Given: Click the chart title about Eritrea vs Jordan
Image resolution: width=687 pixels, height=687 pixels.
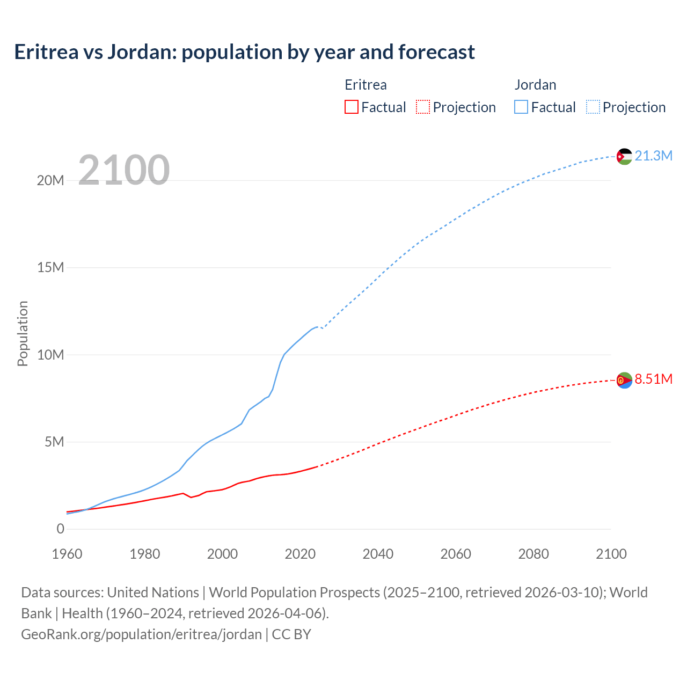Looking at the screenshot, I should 244,52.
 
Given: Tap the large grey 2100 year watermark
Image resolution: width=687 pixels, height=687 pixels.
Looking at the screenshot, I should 124,170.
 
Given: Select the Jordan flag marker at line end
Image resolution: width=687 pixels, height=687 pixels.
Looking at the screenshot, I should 624,156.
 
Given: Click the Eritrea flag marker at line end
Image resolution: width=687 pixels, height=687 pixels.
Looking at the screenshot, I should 624,380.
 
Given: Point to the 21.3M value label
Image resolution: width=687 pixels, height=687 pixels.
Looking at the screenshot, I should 653,156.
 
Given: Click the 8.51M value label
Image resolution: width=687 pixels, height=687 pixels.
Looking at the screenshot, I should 653,379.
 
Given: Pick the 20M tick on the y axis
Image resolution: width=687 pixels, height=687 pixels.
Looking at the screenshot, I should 50,180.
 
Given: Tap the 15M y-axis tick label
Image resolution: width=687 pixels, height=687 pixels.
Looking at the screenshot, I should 50,267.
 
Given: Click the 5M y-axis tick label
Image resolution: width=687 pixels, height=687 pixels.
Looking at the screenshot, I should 54,442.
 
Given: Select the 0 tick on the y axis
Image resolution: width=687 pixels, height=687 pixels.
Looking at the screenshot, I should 60,529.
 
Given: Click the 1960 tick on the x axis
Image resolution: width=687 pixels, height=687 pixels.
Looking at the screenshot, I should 67,554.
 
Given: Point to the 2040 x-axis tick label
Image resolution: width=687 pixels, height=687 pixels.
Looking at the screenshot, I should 378,554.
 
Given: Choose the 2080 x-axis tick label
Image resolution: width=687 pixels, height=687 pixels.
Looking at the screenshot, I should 533,554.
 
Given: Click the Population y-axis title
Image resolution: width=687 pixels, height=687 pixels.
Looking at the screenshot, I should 23,333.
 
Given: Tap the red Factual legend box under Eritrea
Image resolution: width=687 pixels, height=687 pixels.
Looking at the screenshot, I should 351,107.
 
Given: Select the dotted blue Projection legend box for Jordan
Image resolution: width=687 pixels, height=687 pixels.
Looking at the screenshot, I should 593,107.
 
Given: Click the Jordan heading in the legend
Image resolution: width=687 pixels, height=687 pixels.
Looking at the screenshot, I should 535,85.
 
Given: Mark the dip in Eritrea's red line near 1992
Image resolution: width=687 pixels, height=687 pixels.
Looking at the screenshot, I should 191,497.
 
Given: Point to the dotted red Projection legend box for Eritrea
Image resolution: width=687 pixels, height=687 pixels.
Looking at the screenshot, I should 423,107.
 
